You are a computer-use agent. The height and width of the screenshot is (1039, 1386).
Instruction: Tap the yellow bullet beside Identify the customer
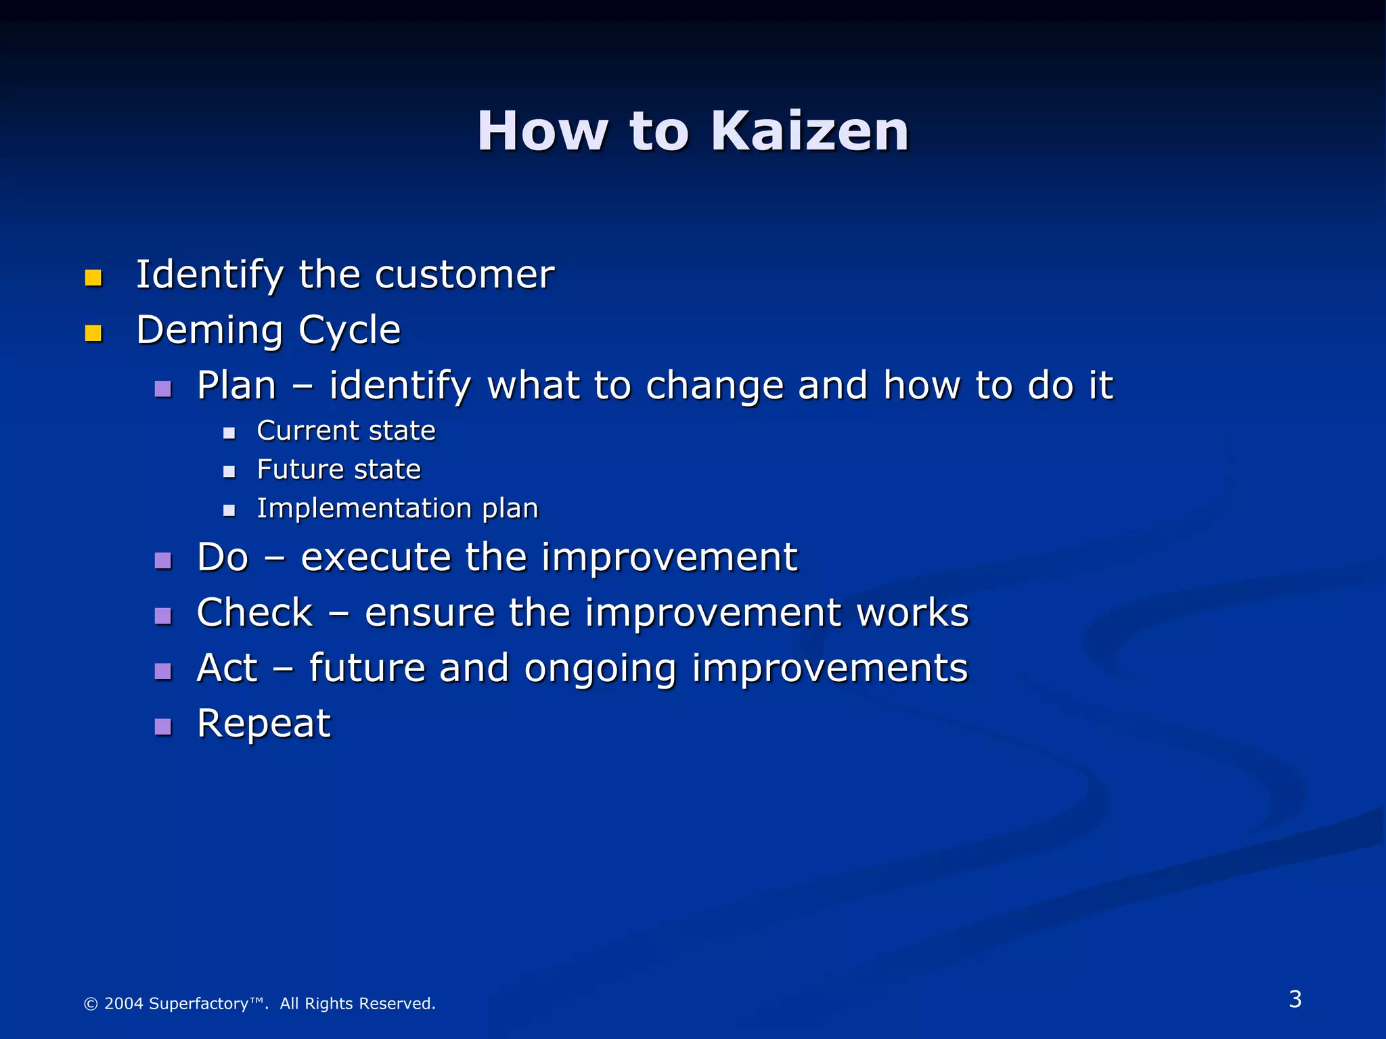pos(93,278)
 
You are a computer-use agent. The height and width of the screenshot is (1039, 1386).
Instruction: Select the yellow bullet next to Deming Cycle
pos(93,333)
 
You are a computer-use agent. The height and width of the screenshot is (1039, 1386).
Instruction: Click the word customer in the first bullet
pos(464,275)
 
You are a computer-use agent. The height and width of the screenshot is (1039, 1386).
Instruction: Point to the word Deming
pos(209,331)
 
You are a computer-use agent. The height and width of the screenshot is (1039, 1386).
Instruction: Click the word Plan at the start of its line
pos(236,386)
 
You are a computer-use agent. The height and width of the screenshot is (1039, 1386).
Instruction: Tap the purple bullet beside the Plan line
pos(163,389)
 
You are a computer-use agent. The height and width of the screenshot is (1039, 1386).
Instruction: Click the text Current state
pos(346,431)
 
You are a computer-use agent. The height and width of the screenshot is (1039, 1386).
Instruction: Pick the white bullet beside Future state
pos(229,472)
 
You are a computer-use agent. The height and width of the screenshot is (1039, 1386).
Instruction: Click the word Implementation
pos(364,509)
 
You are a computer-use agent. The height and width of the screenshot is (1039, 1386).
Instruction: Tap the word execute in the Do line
pos(376,558)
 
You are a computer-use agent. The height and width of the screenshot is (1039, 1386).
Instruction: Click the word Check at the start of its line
pos(254,613)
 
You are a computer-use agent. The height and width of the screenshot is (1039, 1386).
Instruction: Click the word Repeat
pos(263,724)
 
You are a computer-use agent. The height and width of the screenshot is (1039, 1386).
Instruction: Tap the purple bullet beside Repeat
pos(163,727)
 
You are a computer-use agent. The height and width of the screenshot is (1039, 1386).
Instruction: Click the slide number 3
pos(1295,999)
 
